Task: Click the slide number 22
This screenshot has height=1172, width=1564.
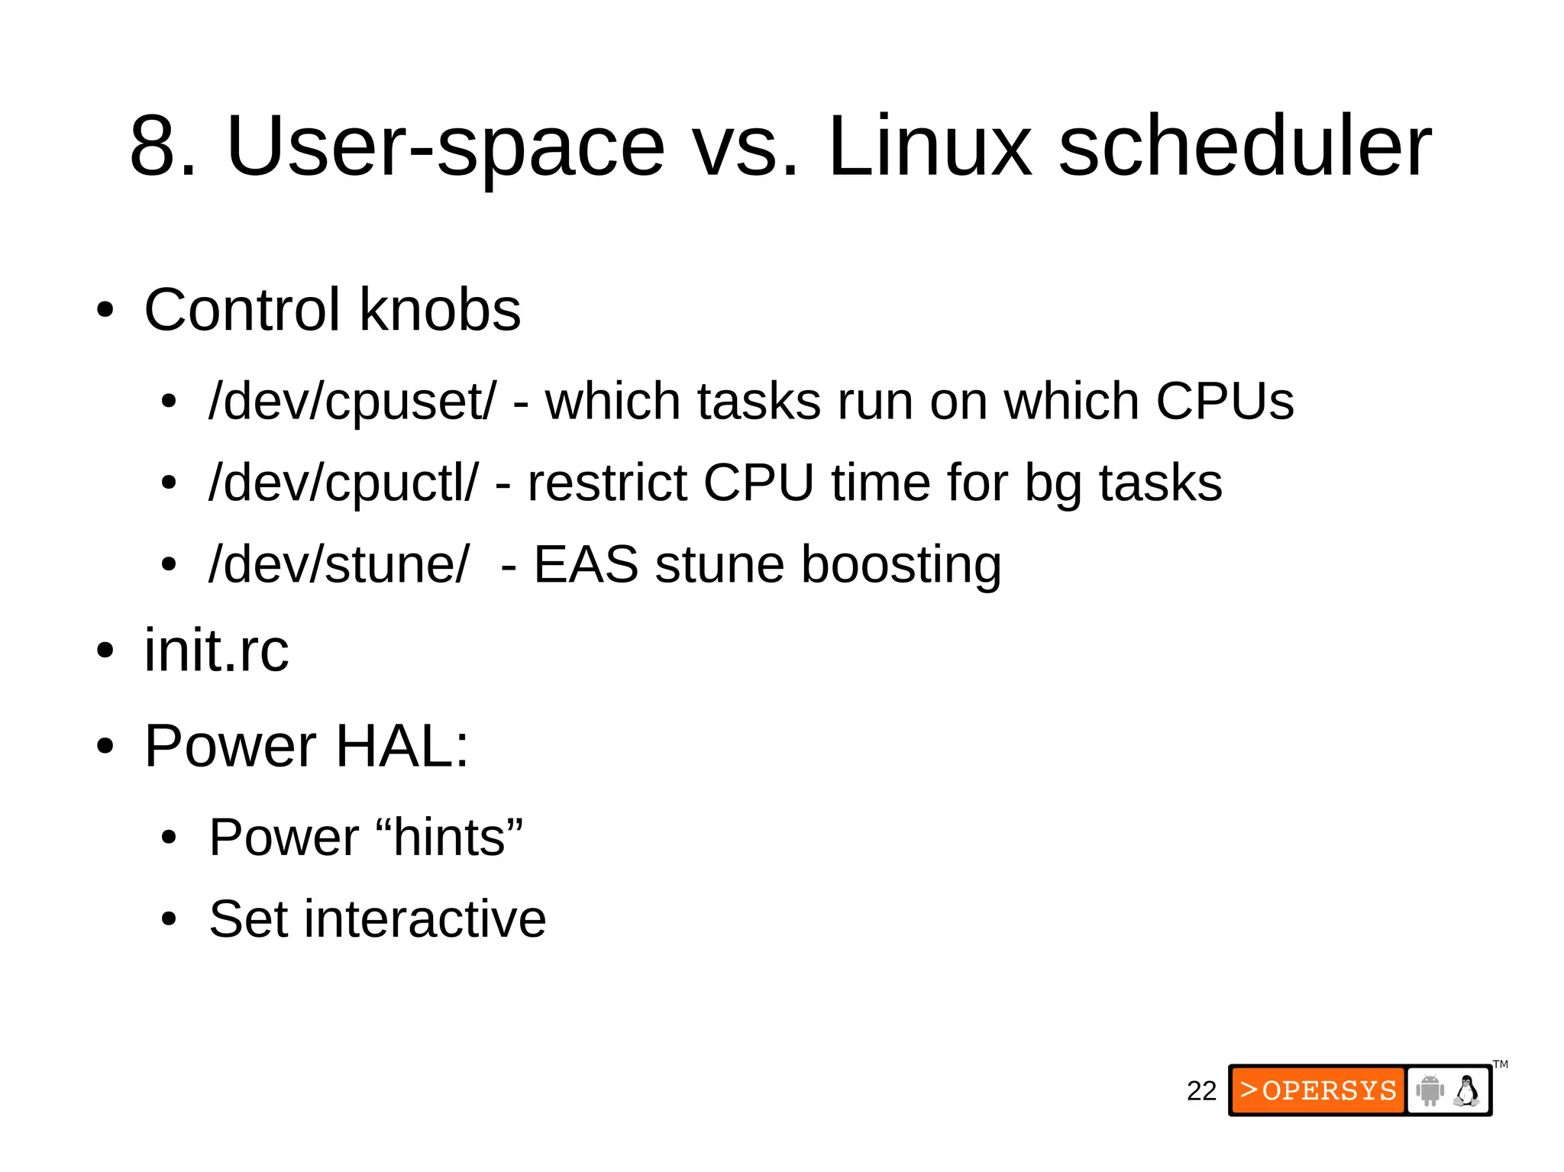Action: click(1201, 1090)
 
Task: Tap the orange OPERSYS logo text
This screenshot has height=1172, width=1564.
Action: click(1318, 1090)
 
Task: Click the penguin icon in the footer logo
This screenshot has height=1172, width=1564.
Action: click(1466, 1090)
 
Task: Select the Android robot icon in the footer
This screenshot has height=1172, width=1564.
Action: click(1430, 1090)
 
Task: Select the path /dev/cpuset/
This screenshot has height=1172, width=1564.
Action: click(352, 401)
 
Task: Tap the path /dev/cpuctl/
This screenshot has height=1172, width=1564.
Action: click(344, 483)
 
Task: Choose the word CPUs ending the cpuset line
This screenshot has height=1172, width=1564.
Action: click(1224, 401)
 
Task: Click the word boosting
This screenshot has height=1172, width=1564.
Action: click(901, 566)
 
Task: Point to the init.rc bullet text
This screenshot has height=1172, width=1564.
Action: click(217, 651)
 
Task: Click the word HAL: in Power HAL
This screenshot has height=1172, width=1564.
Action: click(402, 746)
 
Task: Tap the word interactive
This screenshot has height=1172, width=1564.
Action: click(425, 919)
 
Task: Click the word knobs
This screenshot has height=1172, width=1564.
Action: click(440, 310)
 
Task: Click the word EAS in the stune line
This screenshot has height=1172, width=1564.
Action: click(586, 564)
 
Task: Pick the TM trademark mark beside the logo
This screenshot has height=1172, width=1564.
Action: click(1501, 1064)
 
